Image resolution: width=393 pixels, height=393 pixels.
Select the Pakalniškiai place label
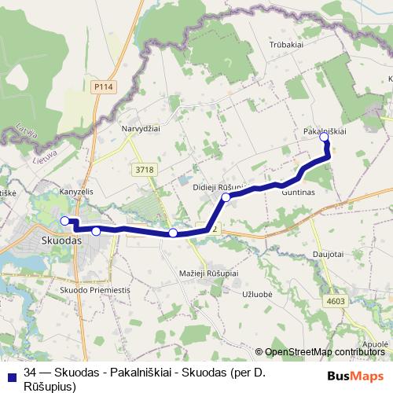[x=325, y=131]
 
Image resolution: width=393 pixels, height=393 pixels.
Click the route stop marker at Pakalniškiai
[x=325, y=138]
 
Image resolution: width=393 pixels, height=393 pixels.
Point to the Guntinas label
[x=297, y=191]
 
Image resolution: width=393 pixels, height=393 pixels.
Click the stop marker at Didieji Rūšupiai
[x=226, y=197]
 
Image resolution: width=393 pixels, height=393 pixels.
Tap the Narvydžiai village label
[x=141, y=127]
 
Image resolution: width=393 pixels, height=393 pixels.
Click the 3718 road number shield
[x=144, y=169]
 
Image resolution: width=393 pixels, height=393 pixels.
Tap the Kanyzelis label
[x=76, y=191]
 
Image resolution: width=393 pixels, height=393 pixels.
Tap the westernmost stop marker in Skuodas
[x=65, y=221]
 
